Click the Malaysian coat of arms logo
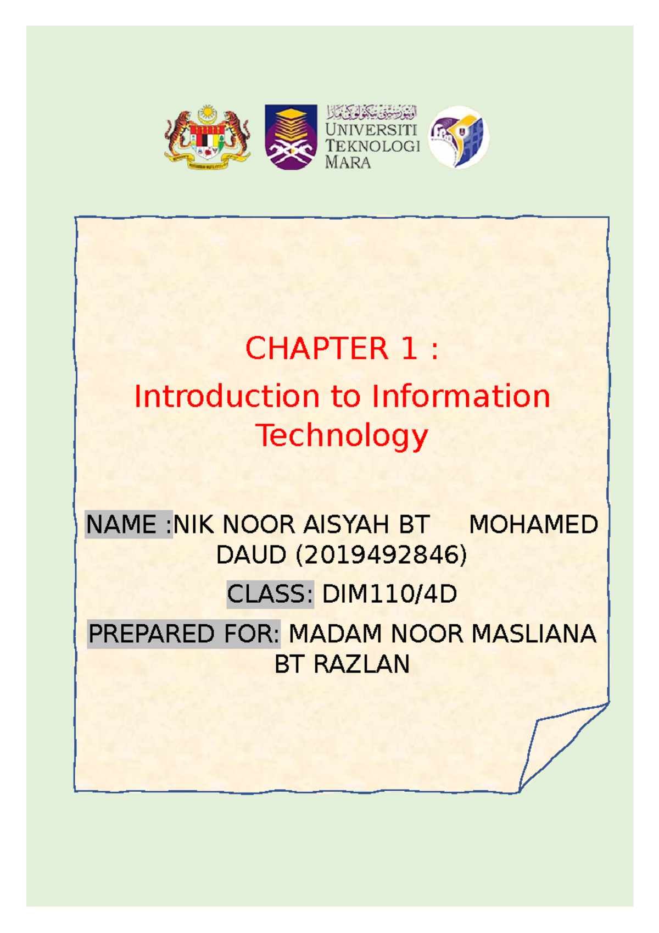(x=208, y=138)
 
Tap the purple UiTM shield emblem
(x=291, y=137)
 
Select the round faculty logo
(x=459, y=137)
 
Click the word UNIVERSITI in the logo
(x=371, y=130)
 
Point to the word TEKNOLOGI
(x=372, y=146)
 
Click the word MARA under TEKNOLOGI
(x=348, y=162)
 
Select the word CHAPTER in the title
(x=317, y=349)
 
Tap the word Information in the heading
(x=461, y=396)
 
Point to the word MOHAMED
(x=533, y=525)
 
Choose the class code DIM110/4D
(x=389, y=594)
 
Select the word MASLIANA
(x=534, y=634)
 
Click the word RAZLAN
(x=361, y=664)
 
